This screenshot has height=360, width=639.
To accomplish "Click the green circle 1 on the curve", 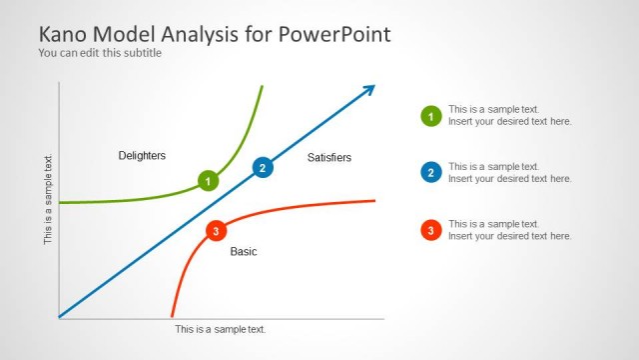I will tap(208, 181).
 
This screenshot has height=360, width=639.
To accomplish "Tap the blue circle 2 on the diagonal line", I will tap(262, 168).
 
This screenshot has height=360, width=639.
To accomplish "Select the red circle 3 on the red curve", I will tap(214, 232).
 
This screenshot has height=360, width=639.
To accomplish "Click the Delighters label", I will tap(142, 156).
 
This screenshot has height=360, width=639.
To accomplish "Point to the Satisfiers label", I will tap(329, 158).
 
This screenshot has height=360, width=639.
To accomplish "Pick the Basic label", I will tap(244, 252).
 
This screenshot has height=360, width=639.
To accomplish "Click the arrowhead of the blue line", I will tap(369, 90).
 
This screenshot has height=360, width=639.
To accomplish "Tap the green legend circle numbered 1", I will tap(430, 116).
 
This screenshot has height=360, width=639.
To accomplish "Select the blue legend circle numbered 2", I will tap(430, 173).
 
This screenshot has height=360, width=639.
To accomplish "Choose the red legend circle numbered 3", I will tap(430, 230).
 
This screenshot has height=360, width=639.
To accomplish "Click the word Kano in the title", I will tap(64, 34).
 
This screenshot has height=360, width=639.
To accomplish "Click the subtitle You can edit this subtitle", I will tap(100, 53).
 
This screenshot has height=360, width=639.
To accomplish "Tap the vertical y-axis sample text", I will tap(48, 199).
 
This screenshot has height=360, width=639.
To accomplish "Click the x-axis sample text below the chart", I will tap(221, 329).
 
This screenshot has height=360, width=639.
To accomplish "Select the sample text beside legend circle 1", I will tap(509, 115).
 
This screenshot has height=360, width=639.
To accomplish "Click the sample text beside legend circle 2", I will tap(509, 173).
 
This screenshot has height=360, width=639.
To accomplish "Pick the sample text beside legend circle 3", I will tap(509, 230).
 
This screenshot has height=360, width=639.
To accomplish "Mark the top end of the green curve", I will tap(262, 88).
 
